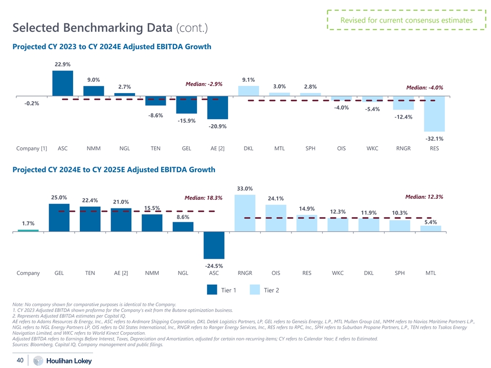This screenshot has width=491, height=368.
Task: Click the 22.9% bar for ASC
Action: point(62,83)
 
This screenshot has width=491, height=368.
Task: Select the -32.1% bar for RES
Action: point(434,113)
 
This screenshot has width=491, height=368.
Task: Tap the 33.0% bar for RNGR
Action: point(245,213)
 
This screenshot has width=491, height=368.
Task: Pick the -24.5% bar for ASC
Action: point(214,245)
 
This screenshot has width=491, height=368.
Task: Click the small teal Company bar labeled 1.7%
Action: point(28,231)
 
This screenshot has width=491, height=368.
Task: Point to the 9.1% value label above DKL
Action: point(248,79)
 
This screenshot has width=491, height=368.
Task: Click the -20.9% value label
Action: point(218,126)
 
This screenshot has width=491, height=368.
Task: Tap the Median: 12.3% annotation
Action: point(424,197)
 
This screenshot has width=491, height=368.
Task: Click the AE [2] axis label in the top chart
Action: point(218,149)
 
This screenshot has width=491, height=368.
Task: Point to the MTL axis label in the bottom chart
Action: point(431,273)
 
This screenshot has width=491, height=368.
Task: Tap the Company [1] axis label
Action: point(32,149)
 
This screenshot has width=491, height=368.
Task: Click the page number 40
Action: point(20,360)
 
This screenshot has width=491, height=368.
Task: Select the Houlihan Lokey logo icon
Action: point(38,361)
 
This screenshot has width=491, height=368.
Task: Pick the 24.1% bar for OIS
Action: point(276,218)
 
